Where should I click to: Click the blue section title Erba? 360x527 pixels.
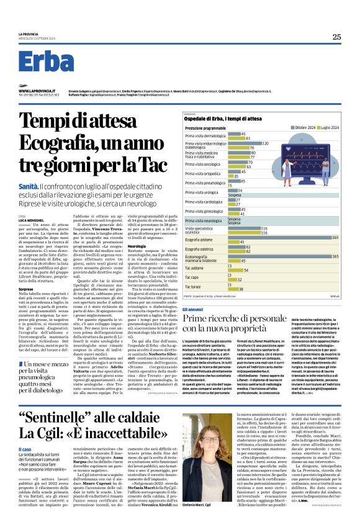coord(47,61)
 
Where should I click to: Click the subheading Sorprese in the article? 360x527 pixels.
coord(26,289)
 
